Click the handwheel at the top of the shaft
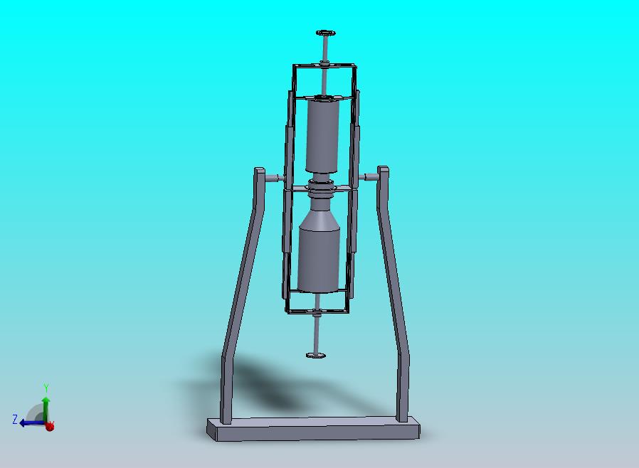[x=326, y=33]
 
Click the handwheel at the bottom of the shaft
[x=316, y=355]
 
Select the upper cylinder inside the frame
[x=324, y=135]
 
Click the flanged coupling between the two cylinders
[x=321, y=188]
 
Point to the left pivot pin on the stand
[x=273, y=177]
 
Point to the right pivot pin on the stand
[x=369, y=176]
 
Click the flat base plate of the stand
[x=313, y=430]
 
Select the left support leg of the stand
[x=241, y=299]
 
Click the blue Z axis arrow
[x=28, y=422]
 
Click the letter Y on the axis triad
[x=46, y=388]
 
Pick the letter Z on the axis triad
[x=15, y=420]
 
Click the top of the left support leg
[x=260, y=171]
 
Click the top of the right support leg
[x=383, y=170]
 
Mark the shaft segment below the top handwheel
[x=325, y=50]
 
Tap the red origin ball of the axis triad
[x=49, y=426]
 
